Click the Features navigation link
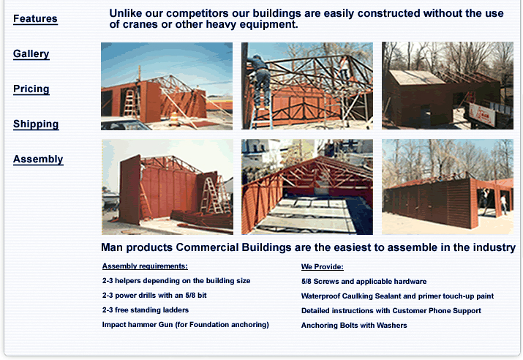pos(35,19)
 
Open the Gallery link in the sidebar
pos(31,53)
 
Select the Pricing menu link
pos(31,89)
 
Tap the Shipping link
pos(36,124)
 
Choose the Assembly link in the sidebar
pos(38,160)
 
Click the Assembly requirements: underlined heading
pos(145,266)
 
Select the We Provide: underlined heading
pos(322,266)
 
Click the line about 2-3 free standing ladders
pos(146,310)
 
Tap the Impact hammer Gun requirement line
pos(186,325)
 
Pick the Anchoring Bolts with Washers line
pos(354,326)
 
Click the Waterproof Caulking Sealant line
pos(397,296)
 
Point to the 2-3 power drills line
pos(154,296)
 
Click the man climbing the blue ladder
pos(261,80)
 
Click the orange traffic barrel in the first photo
pos(174,119)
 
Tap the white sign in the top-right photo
pos(482,114)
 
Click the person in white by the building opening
pos(503,203)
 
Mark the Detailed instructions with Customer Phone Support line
pos(391,311)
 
